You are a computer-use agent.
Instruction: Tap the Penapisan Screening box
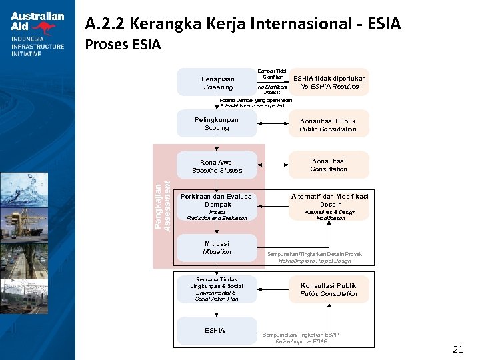(217, 83)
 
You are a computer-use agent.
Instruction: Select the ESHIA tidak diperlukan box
(329, 82)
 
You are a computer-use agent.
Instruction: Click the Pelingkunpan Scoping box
(217, 123)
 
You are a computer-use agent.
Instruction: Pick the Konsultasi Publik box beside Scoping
(328, 125)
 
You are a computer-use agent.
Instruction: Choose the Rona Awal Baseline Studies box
(217, 166)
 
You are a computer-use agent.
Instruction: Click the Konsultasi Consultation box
(328, 165)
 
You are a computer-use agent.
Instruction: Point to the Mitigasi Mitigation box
(217, 248)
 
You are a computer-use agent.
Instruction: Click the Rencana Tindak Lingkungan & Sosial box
(217, 289)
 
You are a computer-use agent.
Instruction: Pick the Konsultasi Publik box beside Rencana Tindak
(328, 289)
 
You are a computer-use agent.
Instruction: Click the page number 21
(457, 349)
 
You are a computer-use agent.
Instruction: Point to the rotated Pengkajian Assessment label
(162, 206)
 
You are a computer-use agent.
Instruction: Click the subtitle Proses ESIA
(123, 45)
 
